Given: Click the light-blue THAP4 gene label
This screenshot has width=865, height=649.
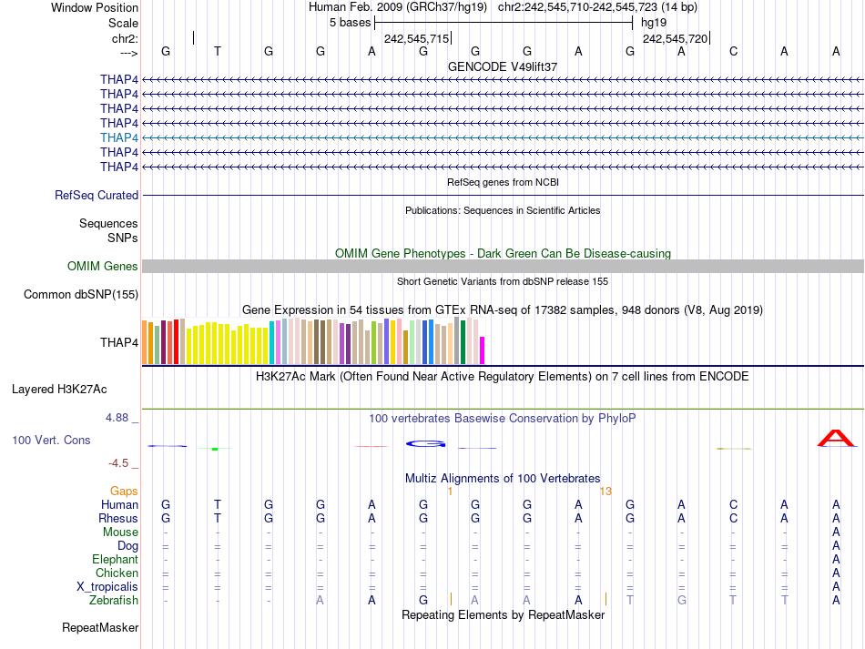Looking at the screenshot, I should pyautogui.click(x=119, y=137).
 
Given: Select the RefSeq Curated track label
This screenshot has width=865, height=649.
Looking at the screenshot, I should pyautogui.click(x=97, y=195).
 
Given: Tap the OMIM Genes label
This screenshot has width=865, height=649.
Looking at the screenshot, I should pyautogui.click(x=103, y=267).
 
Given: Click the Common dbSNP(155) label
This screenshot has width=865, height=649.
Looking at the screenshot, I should pyautogui.click(x=81, y=294).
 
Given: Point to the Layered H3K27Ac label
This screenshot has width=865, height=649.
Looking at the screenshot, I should pyautogui.click(x=59, y=389).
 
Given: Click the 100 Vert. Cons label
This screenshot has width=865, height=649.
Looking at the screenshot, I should pyautogui.click(x=51, y=440).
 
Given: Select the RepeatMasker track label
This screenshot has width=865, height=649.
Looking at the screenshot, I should pyautogui.click(x=100, y=628).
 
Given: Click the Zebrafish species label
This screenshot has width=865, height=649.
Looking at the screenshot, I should pyautogui.click(x=114, y=601).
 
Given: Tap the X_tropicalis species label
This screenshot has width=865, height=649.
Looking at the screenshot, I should pyautogui.click(x=107, y=587).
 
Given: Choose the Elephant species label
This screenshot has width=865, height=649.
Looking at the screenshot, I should pyautogui.click(x=115, y=560).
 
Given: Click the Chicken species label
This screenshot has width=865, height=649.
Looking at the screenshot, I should pyautogui.click(x=117, y=573).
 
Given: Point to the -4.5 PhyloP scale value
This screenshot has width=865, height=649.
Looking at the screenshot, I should pyautogui.click(x=120, y=463).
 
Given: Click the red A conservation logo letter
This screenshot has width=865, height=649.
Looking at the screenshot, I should pyautogui.click(x=835, y=439).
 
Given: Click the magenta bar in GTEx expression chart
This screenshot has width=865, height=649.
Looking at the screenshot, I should pyautogui.click(x=483, y=350).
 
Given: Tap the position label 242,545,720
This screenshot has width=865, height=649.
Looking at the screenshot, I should pyautogui.click(x=675, y=39).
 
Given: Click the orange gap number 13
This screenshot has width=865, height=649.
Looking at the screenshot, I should pyautogui.click(x=605, y=491).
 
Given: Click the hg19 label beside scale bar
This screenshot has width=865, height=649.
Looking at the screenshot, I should pyautogui.click(x=654, y=22).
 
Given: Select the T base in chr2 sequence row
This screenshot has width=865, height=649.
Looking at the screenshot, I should pyautogui.click(x=217, y=51).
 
